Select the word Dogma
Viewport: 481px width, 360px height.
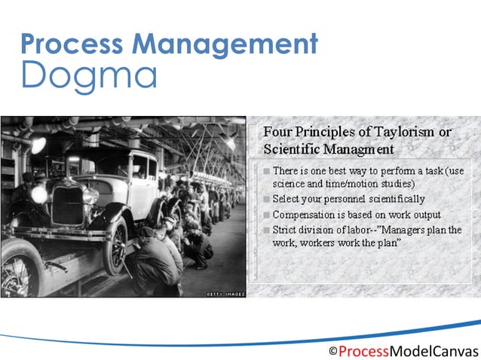[x=90, y=75]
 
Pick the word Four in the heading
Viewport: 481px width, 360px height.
[x=277, y=133]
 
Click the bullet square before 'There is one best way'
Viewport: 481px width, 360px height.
[x=267, y=172]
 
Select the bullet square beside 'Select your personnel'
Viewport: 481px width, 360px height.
[x=267, y=200]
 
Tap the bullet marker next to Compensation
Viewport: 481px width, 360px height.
[x=267, y=215]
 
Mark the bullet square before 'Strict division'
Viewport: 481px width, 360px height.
[x=267, y=230]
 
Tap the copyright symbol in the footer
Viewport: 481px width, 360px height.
[x=332, y=351]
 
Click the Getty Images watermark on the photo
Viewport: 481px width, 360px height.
[x=225, y=294]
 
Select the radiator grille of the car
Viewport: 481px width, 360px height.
[x=67, y=204]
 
